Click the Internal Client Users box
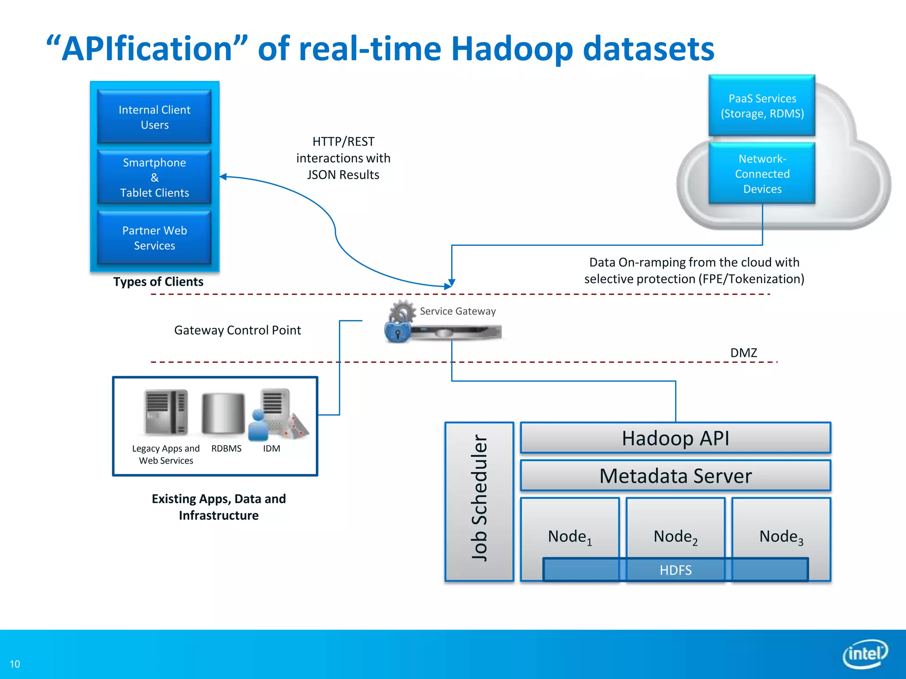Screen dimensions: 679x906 click(154, 117)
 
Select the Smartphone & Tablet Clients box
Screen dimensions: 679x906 click(154, 177)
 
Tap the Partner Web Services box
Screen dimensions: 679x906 click(154, 238)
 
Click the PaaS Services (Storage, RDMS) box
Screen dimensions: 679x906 click(762, 106)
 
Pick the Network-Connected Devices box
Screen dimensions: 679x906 click(762, 173)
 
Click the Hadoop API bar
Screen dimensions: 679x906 click(675, 438)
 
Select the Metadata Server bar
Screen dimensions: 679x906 click(675, 476)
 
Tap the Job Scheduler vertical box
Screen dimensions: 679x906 click(479, 501)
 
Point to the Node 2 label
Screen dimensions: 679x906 click(675, 537)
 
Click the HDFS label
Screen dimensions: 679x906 click(675, 570)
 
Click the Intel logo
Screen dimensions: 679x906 click(865, 653)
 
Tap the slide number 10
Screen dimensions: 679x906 click(15, 664)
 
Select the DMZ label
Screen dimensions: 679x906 click(743, 353)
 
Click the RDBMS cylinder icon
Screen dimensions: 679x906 click(223, 414)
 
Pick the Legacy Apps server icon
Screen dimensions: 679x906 click(166, 412)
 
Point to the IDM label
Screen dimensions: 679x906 click(271, 448)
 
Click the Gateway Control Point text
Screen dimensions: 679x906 click(237, 330)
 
